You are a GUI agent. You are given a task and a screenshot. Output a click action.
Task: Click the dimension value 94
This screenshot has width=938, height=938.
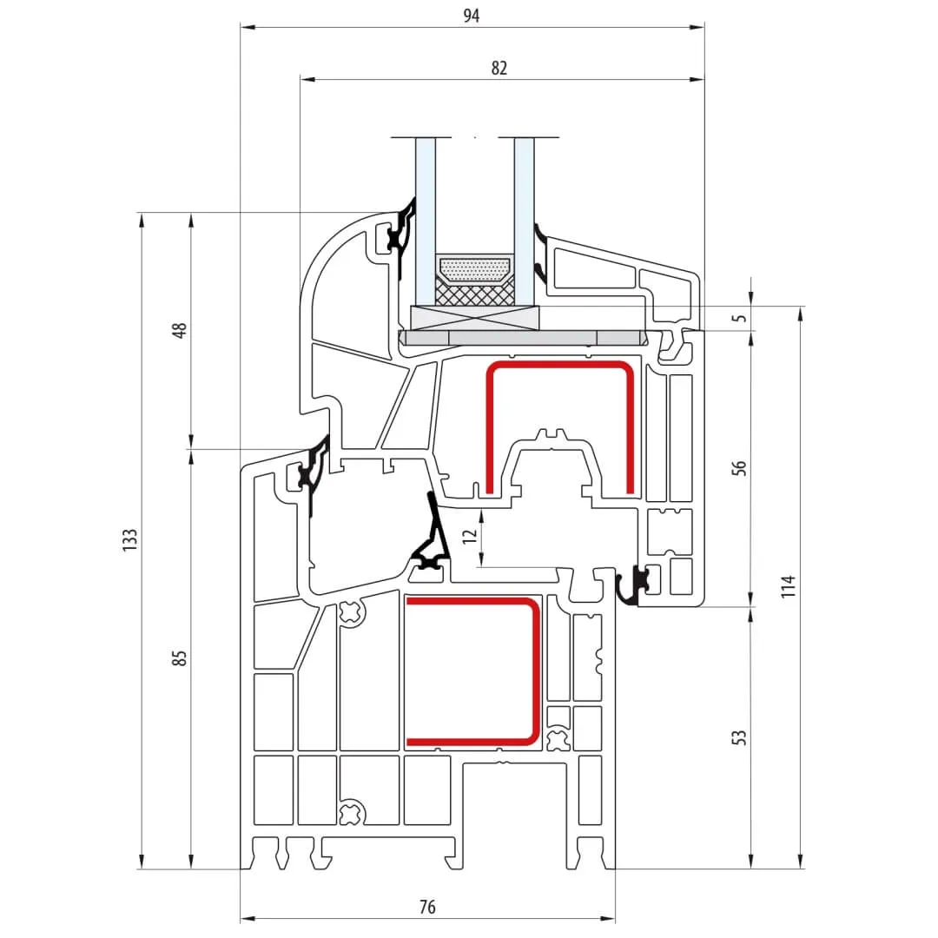click(x=472, y=15)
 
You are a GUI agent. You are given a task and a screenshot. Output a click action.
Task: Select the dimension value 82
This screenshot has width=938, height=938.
click(x=499, y=68)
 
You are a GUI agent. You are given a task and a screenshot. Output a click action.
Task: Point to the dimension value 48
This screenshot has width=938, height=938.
click(x=180, y=330)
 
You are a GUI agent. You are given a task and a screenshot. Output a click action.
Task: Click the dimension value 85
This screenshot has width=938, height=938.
click(x=180, y=657)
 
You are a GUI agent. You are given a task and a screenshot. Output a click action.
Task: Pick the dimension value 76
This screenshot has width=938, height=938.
click(x=427, y=908)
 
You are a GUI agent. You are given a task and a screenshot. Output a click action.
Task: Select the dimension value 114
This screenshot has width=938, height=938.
click(x=787, y=587)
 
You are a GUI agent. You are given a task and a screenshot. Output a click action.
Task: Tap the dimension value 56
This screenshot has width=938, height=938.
click(x=739, y=467)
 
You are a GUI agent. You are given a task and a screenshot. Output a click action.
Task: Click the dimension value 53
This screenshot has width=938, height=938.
click(x=739, y=737)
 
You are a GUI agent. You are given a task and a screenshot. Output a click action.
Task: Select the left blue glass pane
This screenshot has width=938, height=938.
click(x=425, y=217)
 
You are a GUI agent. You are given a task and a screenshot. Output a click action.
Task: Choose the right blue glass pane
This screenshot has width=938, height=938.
click(x=524, y=217)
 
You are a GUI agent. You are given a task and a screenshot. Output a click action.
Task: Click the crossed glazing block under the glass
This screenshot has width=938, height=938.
click(x=474, y=319)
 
